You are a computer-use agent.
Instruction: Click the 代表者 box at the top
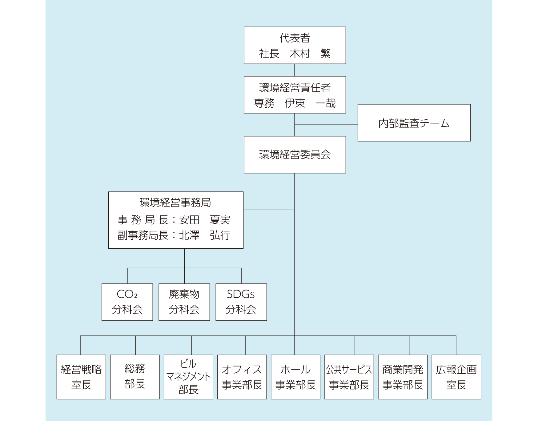295,45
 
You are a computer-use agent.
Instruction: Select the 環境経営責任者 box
295,94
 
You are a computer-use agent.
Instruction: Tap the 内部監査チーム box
414,123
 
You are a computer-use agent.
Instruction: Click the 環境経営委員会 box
295,154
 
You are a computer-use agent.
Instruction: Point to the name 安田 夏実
204,220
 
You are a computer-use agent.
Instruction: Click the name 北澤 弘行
204,235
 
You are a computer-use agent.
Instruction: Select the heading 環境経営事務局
175,203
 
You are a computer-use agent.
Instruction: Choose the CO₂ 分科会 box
127,302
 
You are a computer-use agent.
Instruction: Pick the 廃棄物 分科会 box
184,302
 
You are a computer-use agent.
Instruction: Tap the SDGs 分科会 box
241,302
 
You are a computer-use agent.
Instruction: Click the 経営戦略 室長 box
81,377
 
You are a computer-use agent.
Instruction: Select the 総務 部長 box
135,377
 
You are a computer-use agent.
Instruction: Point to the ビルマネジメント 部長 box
188,377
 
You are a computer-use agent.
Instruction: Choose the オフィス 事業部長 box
242,377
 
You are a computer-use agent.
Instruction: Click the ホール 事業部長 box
295,377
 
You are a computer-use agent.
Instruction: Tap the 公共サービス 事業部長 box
349,377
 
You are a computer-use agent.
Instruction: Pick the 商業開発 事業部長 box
403,377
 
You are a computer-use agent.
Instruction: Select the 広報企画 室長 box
456,377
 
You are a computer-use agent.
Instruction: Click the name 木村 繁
310,54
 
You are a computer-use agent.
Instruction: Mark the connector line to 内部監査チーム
326,125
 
